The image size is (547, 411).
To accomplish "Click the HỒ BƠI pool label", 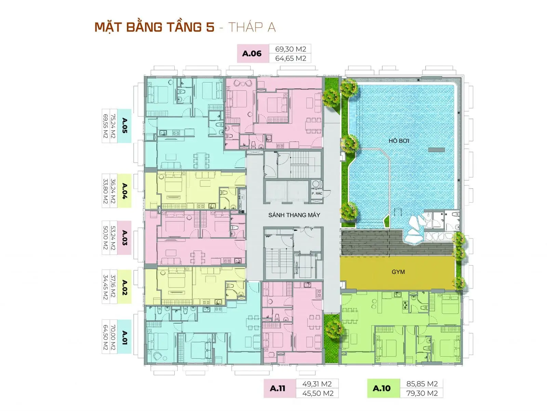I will (399, 141).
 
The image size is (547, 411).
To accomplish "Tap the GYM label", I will (398, 272).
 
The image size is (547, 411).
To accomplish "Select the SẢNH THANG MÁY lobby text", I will (294, 215).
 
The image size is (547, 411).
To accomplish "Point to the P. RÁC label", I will (317, 193).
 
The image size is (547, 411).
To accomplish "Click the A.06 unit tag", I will (252, 54).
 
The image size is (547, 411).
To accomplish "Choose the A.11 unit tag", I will (278, 388).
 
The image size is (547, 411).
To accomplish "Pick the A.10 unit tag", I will (382, 388).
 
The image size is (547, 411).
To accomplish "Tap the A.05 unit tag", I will (124, 125).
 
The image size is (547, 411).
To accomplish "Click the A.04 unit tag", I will (124, 191).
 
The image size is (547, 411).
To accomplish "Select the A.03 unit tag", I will (124, 238).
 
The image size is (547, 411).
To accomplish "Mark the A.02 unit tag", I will (124, 287).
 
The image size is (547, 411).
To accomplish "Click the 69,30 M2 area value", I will (291, 49).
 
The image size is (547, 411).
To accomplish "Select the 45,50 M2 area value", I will (318, 393).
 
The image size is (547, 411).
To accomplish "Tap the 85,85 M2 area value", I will (422, 384).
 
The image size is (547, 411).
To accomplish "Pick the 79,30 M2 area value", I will (422, 393).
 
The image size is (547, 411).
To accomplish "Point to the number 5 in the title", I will (210, 27).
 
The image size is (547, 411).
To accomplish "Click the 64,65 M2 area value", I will (291, 58).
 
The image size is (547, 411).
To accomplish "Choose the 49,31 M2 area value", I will (317, 384).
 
